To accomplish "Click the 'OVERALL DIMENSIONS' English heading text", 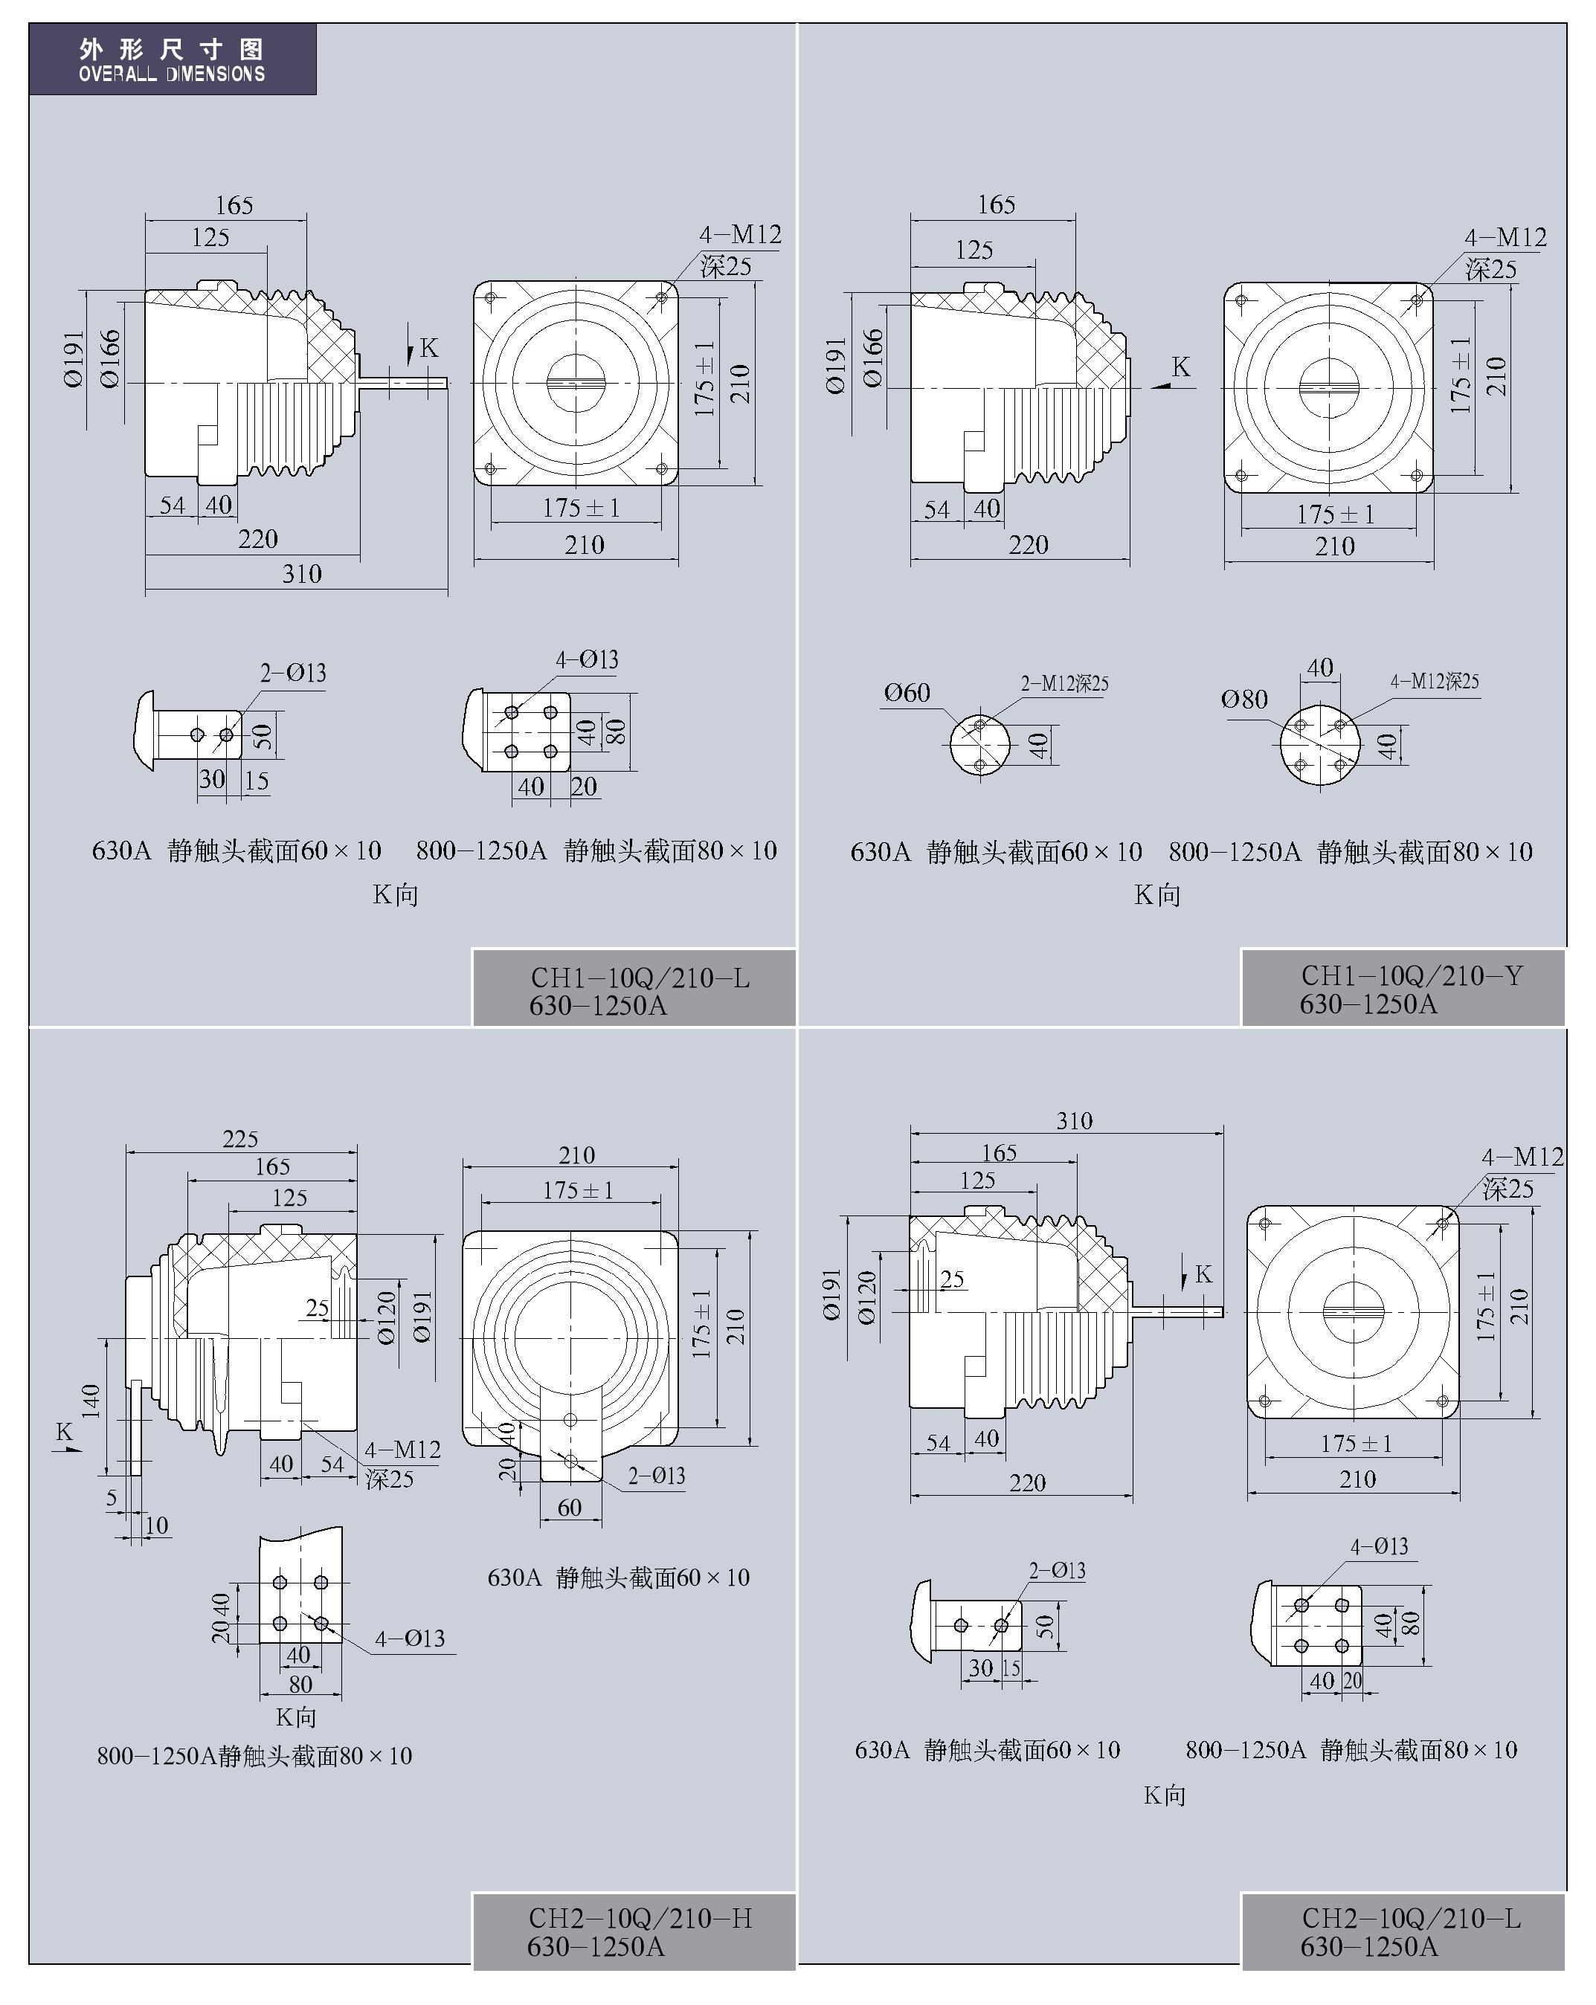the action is [x=172, y=74].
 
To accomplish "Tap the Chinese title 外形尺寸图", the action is [x=172, y=48].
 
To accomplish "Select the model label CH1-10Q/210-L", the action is [x=640, y=978].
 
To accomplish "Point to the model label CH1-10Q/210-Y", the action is [x=1412, y=975].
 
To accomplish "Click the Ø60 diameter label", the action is [x=907, y=693].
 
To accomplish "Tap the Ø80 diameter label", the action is [x=1244, y=700].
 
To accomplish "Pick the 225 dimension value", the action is [x=240, y=1139].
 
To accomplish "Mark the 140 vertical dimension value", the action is [x=90, y=1401].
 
